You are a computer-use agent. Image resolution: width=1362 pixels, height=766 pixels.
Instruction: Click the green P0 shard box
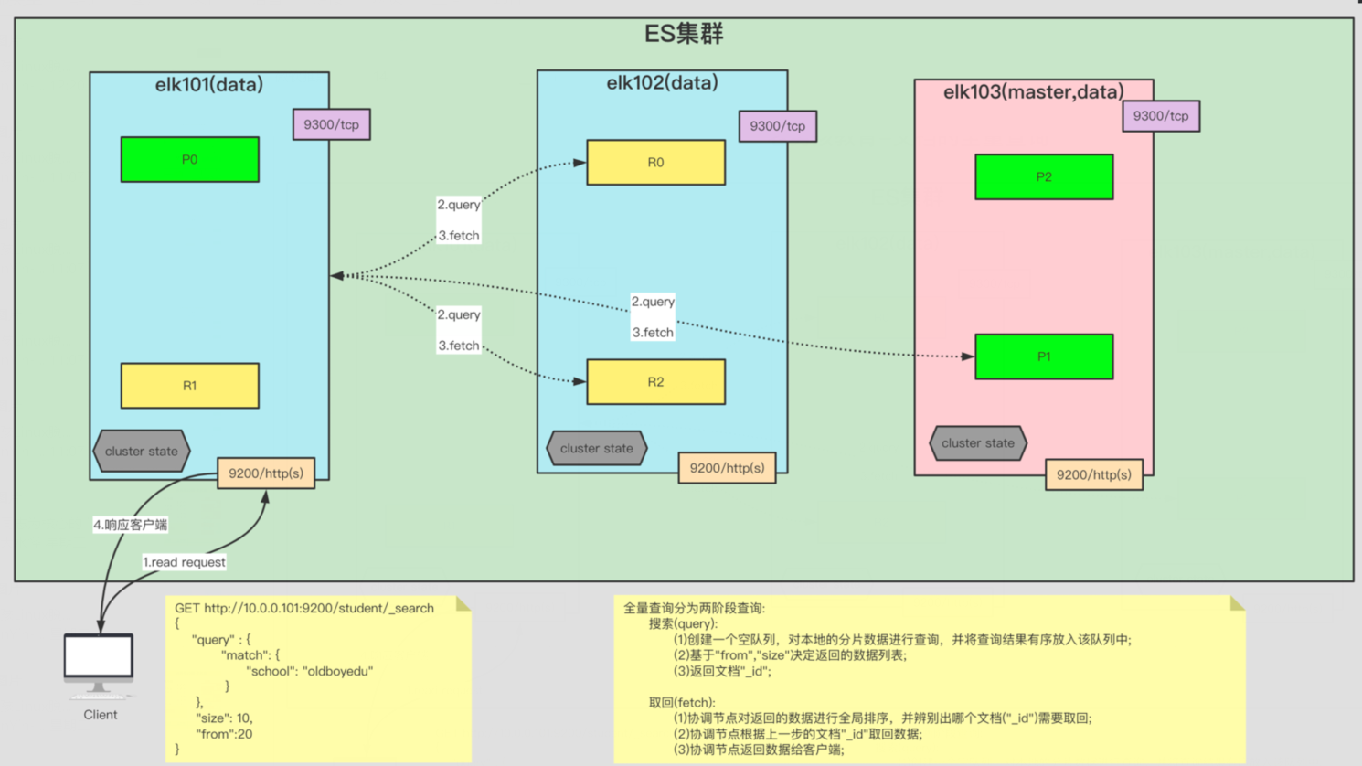click(x=189, y=160)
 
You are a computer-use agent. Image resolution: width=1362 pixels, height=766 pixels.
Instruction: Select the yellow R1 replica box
click(x=189, y=386)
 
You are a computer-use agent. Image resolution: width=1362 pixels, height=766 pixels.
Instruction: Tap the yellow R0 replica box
click(x=655, y=163)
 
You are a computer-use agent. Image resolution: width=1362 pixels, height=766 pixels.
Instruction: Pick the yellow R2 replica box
click(x=655, y=382)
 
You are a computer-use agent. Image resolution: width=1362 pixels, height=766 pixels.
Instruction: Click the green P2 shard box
click(x=1044, y=177)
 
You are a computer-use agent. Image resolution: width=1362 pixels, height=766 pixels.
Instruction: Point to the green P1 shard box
click(x=1044, y=356)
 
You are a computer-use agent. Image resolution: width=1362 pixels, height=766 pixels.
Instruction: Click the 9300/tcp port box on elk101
click(x=331, y=124)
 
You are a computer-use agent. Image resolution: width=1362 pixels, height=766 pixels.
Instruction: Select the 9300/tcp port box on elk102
click(x=777, y=126)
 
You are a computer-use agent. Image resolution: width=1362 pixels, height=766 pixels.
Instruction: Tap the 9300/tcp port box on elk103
click(x=1161, y=116)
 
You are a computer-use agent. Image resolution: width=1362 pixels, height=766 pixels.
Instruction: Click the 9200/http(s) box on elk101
click(x=266, y=473)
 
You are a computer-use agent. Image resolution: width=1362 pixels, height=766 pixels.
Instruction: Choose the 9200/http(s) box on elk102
click(x=727, y=468)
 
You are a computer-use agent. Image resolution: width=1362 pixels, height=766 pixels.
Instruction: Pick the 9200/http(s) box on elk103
click(x=1093, y=475)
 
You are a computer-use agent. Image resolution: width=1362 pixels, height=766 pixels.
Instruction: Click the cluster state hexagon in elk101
click(x=141, y=452)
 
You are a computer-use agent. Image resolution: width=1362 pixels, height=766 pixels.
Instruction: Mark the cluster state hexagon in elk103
click(x=977, y=443)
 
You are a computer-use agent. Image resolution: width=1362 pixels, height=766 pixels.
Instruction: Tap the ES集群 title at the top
click(x=684, y=34)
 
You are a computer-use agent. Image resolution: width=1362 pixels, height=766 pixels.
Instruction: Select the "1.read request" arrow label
click(x=184, y=562)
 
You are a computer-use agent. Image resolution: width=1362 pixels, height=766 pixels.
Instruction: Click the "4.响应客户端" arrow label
click(x=130, y=525)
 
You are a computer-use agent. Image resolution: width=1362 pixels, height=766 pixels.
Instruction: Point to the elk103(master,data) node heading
click(x=1033, y=92)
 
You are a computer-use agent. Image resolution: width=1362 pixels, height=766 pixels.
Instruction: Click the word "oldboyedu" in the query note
click(x=337, y=671)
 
